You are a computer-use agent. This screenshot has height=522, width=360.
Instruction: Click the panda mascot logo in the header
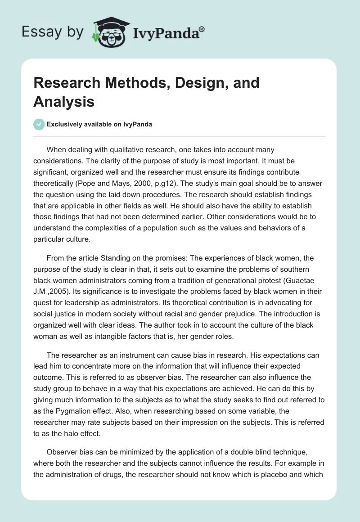108,32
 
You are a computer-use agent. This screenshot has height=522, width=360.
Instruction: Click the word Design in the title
191,83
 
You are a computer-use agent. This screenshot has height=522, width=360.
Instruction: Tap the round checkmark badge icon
39,124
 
